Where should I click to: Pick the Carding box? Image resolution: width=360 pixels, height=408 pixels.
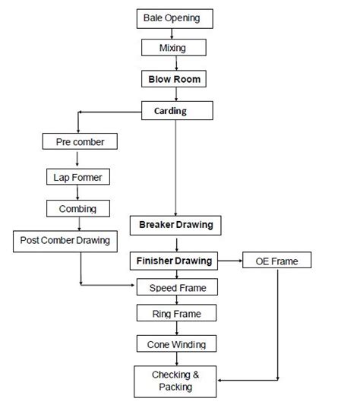coord(176,111)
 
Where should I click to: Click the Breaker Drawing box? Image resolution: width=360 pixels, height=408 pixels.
coord(176,225)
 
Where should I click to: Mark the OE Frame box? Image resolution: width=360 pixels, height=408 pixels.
coord(276,261)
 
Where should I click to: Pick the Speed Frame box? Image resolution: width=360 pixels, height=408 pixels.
coord(177,288)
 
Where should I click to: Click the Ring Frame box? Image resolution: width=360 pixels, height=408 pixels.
coord(177,312)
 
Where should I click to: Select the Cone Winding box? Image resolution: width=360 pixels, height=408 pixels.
coord(177,344)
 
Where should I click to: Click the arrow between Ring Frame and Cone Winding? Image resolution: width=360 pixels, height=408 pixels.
coord(177,328)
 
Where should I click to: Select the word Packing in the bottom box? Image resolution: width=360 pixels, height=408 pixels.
coord(175,387)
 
